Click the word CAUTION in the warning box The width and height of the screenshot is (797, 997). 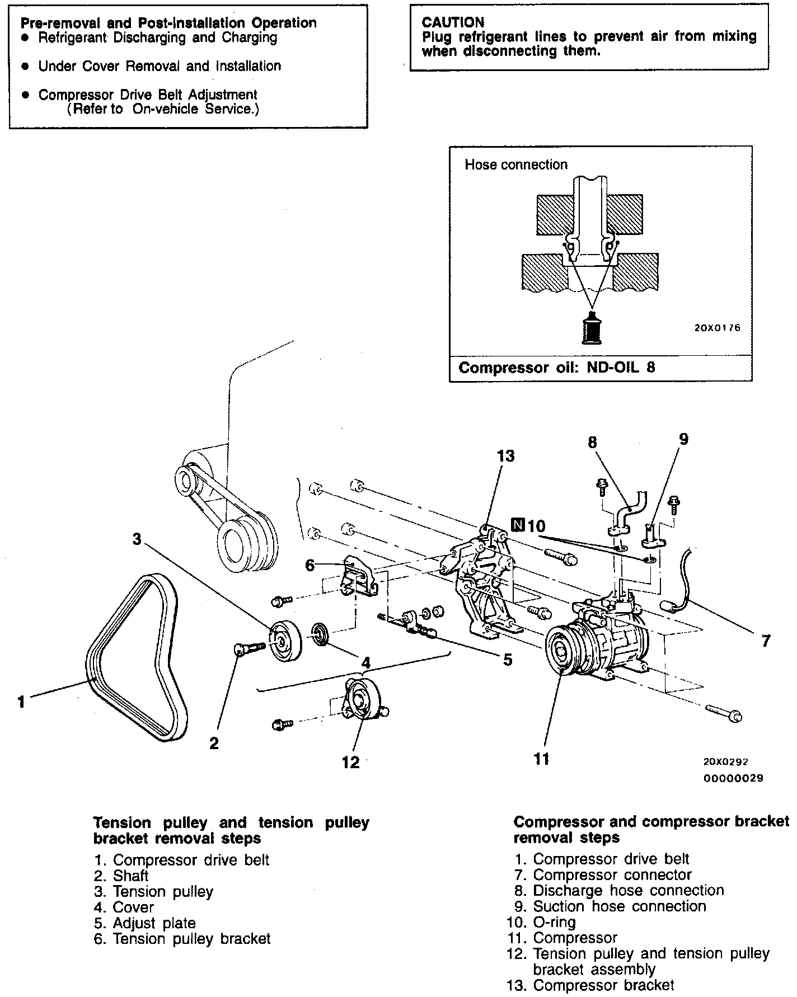(453, 22)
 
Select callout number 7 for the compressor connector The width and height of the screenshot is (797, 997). (766, 641)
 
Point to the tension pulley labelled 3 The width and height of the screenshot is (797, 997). (285, 640)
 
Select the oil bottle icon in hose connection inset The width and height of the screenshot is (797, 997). (592, 327)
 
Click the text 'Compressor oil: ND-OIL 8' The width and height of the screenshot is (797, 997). (556, 368)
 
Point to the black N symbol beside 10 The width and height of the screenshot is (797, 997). (518, 525)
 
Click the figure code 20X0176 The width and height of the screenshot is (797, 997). (717, 328)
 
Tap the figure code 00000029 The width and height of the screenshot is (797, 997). (733, 778)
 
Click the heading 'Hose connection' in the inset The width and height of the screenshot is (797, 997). (516, 164)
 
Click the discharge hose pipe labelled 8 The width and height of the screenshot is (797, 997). (630, 509)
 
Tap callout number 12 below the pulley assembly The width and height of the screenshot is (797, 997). (351, 762)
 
